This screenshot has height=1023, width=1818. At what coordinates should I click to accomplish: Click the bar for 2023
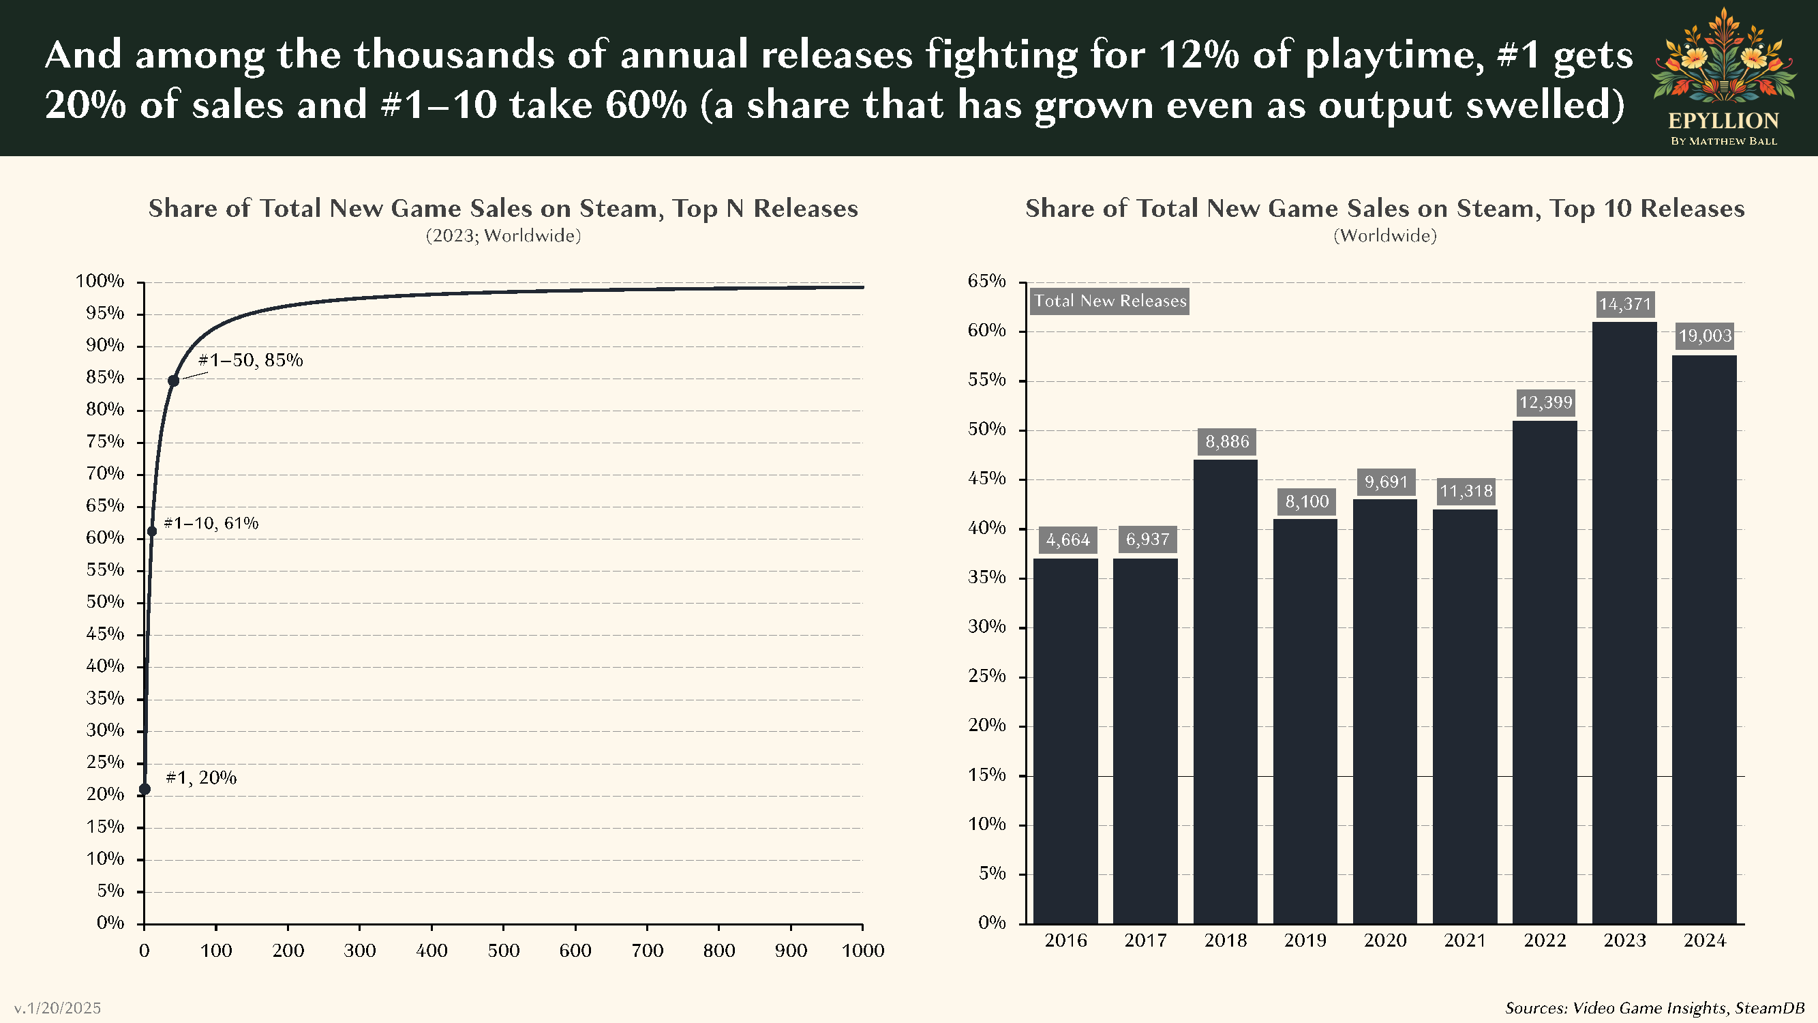1624,621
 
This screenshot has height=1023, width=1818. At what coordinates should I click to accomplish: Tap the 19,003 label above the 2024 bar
1704,336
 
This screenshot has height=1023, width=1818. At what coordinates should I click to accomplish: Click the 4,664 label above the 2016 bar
1067,540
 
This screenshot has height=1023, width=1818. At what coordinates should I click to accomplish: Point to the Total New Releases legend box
1110,301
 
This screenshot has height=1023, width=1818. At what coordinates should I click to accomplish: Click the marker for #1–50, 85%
173,381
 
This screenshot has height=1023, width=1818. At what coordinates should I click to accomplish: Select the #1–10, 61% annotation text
211,523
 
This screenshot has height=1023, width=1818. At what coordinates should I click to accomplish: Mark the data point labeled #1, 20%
145,788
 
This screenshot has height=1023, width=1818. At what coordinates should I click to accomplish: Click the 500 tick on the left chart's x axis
503,950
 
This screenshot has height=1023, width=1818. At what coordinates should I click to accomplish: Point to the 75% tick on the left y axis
105,442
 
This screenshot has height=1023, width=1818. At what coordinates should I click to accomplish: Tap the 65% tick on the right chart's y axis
986,281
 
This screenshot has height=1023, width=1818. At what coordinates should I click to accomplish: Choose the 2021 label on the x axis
1464,940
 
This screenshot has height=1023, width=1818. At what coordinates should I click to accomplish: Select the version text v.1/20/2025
57,1007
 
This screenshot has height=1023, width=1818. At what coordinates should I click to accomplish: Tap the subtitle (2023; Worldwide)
503,236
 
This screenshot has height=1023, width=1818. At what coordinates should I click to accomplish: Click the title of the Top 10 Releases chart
1384,208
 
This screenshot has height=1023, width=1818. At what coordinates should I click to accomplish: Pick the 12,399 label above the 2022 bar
1545,402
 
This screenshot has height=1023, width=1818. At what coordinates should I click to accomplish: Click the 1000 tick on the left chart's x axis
862,950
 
